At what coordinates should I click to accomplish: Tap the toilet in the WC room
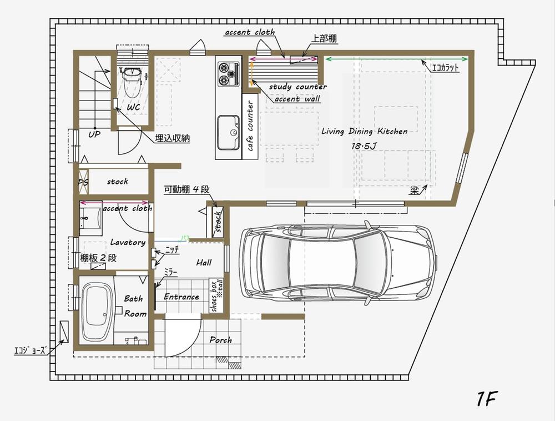(x=132, y=82)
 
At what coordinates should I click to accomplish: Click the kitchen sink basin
(x=228, y=132)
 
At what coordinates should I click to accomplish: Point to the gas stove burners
(x=226, y=73)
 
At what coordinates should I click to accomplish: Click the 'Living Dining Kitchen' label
(x=364, y=132)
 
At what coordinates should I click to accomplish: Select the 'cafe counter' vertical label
(x=250, y=126)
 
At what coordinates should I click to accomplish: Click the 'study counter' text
(x=297, y=87)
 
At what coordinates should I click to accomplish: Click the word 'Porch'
(x=220, y=339)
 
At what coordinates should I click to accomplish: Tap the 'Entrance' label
(x=181, y=297)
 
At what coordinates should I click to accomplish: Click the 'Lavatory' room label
(x=127, y=242)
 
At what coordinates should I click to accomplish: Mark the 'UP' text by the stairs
(x=94, y=135)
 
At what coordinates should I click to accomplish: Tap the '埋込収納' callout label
(x=172, y=139)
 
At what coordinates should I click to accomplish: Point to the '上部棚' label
(x=324, y=39)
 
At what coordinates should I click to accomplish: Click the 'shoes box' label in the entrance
(x=215, y=295)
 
